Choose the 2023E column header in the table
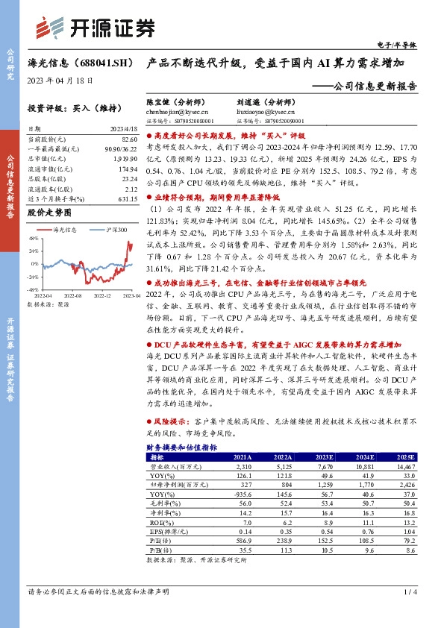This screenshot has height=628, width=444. click(325, 456)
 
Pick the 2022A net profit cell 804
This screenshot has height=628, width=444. click(283, 484)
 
